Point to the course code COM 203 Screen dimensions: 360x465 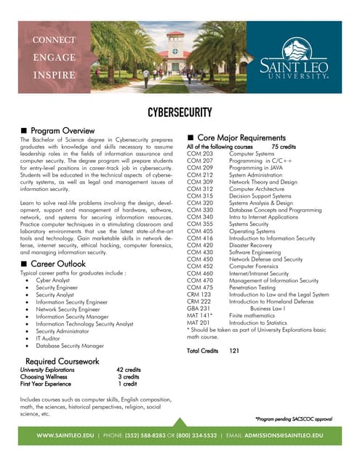click(x=200, y=154)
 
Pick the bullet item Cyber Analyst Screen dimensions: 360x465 click(x=54, y=280)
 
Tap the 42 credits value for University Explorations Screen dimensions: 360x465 click(x=129, y=370)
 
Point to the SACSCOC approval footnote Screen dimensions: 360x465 click(x=293, y=419)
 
